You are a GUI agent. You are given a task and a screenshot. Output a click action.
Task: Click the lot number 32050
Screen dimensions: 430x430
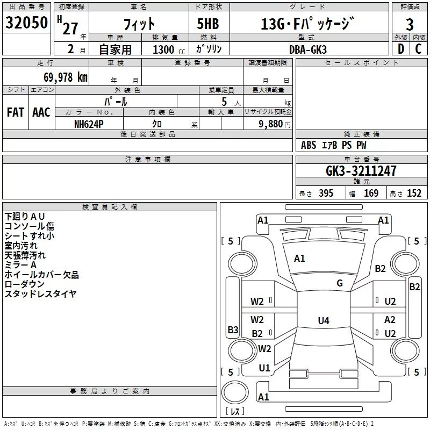click(26, 23)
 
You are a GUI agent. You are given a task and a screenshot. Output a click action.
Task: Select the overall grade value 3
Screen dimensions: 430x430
click(410, 25)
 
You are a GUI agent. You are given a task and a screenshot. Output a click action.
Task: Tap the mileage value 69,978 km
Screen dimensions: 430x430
click(66, 77)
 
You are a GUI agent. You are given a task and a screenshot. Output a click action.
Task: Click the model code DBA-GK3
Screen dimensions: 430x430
click(308, 49)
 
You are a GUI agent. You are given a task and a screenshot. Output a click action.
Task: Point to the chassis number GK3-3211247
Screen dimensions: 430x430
click(361, 171)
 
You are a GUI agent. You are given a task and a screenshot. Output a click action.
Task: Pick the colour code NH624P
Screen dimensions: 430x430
click(89, 124)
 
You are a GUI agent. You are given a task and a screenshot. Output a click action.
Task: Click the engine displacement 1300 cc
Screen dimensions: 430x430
click(169, 49)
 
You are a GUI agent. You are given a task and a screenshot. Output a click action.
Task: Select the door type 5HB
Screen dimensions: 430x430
click(208, 24)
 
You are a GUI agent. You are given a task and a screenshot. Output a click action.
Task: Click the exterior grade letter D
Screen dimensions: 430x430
click(401, 49)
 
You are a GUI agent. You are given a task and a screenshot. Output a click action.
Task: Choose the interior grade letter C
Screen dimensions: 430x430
click(418, 49)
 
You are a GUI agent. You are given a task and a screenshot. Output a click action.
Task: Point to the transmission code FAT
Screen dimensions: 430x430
click(16, 112)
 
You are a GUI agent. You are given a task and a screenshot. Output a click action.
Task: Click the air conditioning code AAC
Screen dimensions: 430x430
click(41, 112)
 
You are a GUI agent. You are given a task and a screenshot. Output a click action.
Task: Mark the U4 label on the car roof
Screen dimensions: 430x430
click(324, 320)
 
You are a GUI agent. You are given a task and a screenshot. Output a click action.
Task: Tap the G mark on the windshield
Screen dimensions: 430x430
click(340, 283)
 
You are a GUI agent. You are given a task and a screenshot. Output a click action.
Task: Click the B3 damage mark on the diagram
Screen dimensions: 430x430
click(233, 329)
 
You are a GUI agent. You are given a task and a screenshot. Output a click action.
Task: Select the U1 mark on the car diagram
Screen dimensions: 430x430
click(264, 368)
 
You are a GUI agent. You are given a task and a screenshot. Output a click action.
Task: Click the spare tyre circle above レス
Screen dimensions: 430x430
click(235, 392)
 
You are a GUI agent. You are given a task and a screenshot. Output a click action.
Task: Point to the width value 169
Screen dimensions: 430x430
click(371, 193)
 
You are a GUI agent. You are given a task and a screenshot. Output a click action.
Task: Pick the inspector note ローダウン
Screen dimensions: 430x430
click(24, 284)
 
